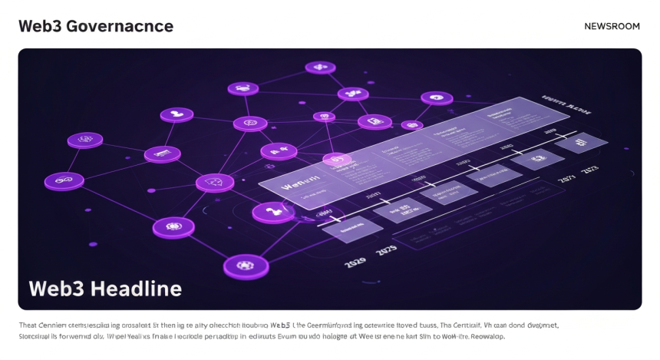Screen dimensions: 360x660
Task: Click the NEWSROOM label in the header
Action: (612, 26)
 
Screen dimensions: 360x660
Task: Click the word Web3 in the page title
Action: (40, 26)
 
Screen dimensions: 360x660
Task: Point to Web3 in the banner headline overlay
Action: (57, 289)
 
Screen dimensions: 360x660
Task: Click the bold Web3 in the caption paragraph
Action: (280, 325)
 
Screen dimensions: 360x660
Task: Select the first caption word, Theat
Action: (28, 325)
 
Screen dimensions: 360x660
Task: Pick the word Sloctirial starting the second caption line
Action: (35, 336)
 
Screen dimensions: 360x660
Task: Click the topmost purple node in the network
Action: (320, 68)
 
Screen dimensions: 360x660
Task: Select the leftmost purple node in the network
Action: (64, 181)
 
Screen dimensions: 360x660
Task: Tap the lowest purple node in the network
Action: (246, 266)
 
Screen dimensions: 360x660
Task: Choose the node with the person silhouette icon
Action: (177, 115)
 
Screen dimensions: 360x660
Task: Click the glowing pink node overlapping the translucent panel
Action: (336, 160)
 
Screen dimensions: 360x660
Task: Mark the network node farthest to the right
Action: (437, 98)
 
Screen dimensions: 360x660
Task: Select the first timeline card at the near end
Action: (351, 227)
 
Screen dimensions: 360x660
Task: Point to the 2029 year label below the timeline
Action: (355, 263)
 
